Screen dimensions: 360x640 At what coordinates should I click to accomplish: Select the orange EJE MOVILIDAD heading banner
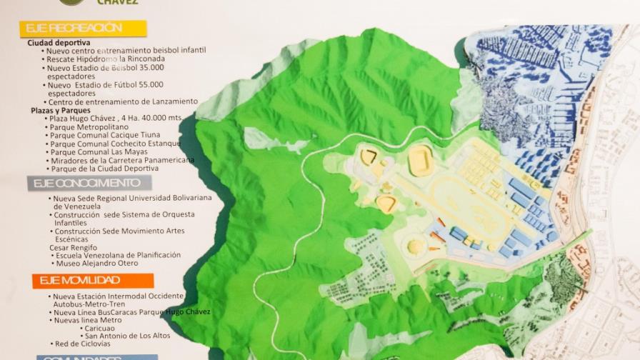(92, 281)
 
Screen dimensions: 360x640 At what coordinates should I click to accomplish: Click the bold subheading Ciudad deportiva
(59, 43)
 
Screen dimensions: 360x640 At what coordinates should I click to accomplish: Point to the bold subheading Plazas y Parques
(61, 111)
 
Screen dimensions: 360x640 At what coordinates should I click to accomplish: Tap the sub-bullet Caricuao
(104, 329)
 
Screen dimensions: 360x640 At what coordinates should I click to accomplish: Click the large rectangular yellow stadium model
(421, 160)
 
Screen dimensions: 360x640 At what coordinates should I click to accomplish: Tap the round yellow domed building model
(414, 246)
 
